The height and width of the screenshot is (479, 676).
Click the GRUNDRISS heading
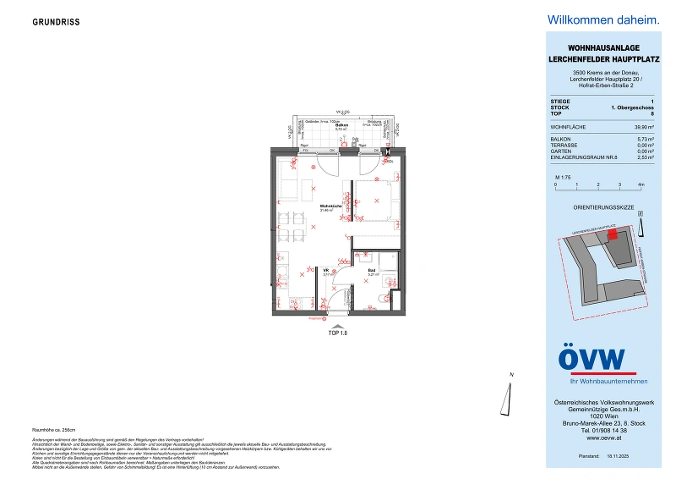(x=57, y=22)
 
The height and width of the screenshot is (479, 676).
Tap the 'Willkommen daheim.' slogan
(x=591, y=19)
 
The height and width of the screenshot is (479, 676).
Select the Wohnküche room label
(x=330, y=207)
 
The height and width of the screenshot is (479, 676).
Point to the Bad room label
(x=372, y=272)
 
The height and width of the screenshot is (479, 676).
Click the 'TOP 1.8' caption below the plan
(x=337, y=333)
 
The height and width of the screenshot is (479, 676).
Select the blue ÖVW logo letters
(x=591, y=358)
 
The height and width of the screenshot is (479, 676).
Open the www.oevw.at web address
(x=594, y=438)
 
